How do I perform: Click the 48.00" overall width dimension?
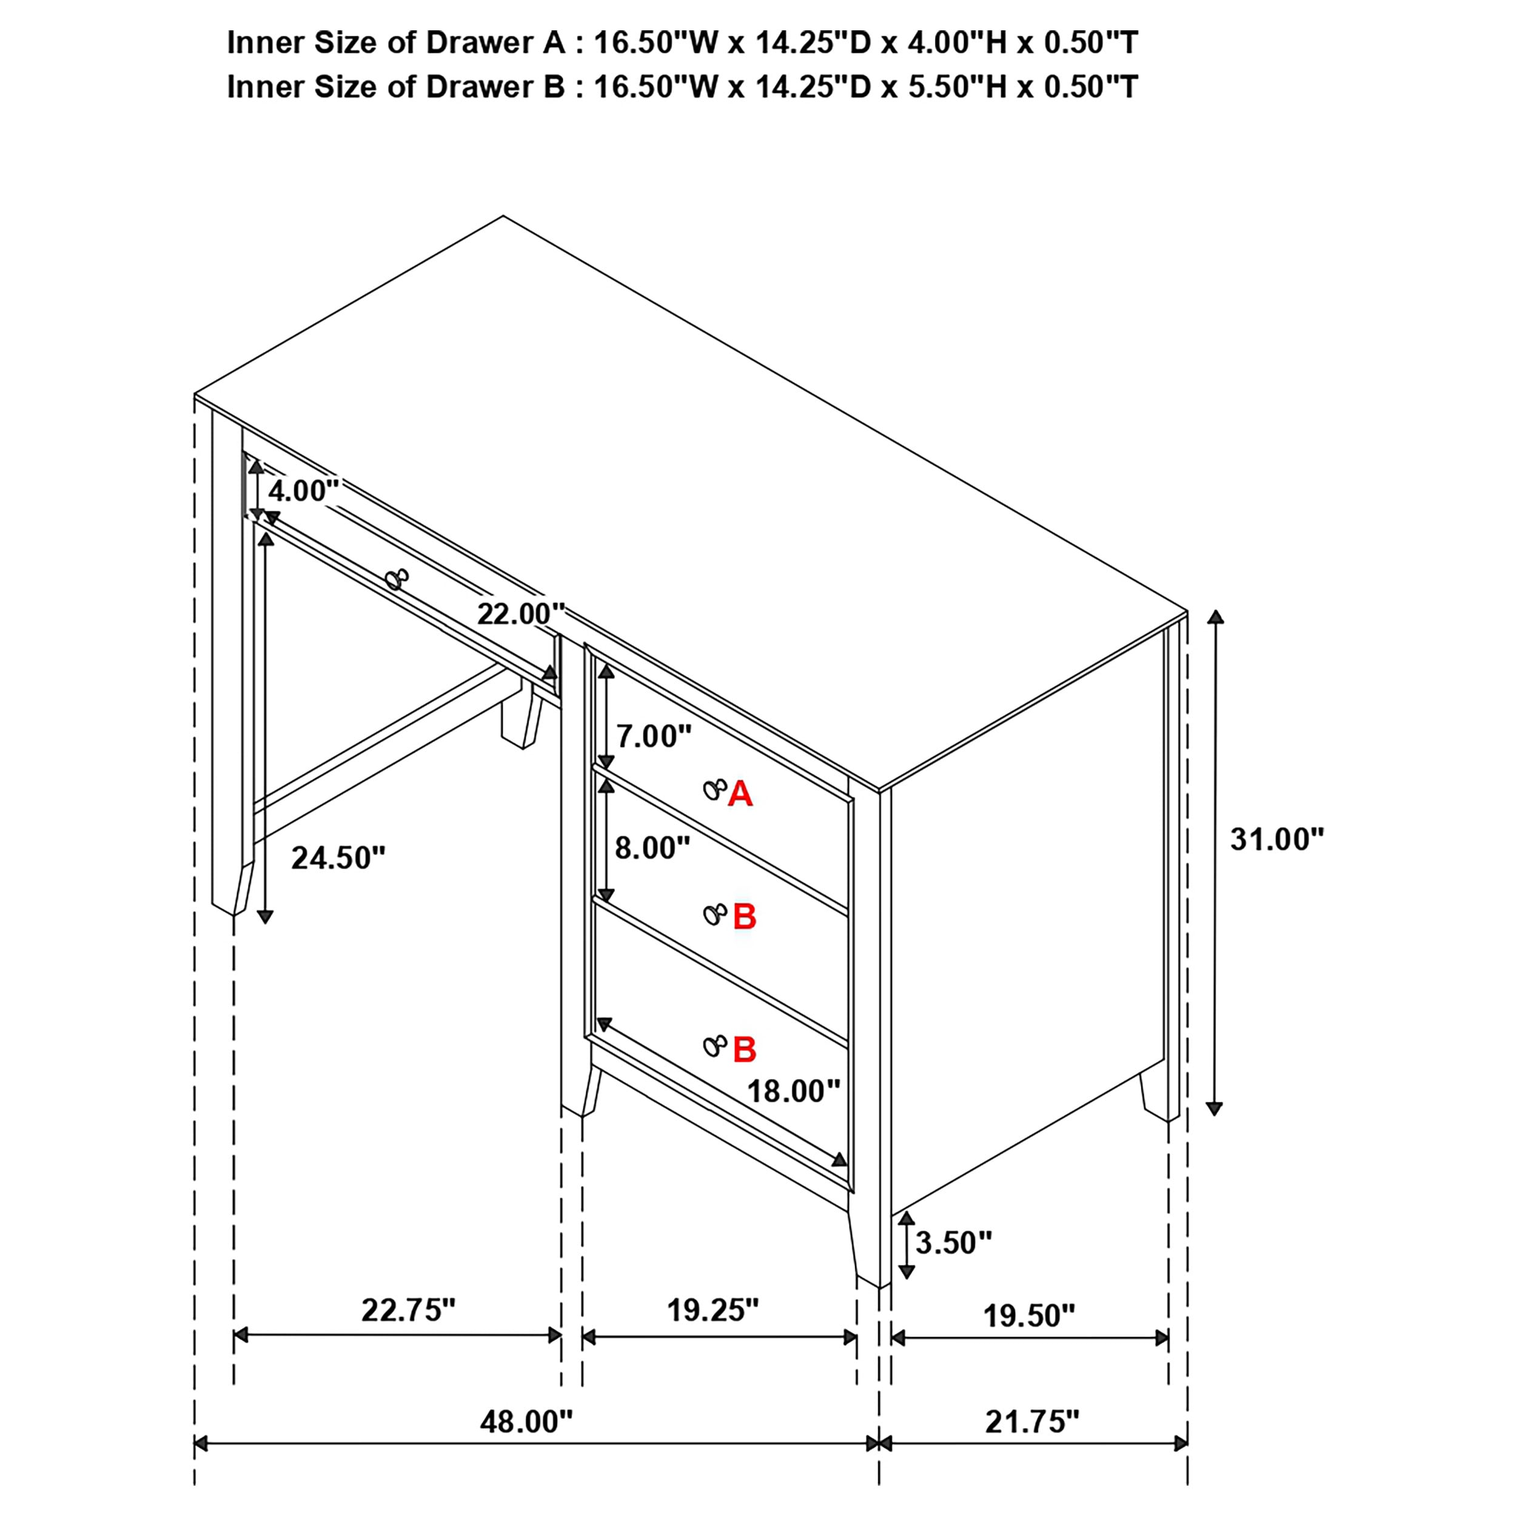pos(526,1421)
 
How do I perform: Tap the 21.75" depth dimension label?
pos(1032,1421)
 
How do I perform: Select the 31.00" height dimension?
pos(1276,840)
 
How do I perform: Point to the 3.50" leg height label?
pos(953,1242)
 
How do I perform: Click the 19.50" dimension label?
pos(1028,1316)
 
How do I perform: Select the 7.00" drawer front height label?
pos(654,736)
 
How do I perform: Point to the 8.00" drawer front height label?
pos(652,848)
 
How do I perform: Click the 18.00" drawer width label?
pos(793,1091)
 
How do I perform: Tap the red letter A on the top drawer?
pos(740,795)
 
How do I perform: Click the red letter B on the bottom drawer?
pos(744,1050)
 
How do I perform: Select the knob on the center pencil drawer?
pos(397,579)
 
